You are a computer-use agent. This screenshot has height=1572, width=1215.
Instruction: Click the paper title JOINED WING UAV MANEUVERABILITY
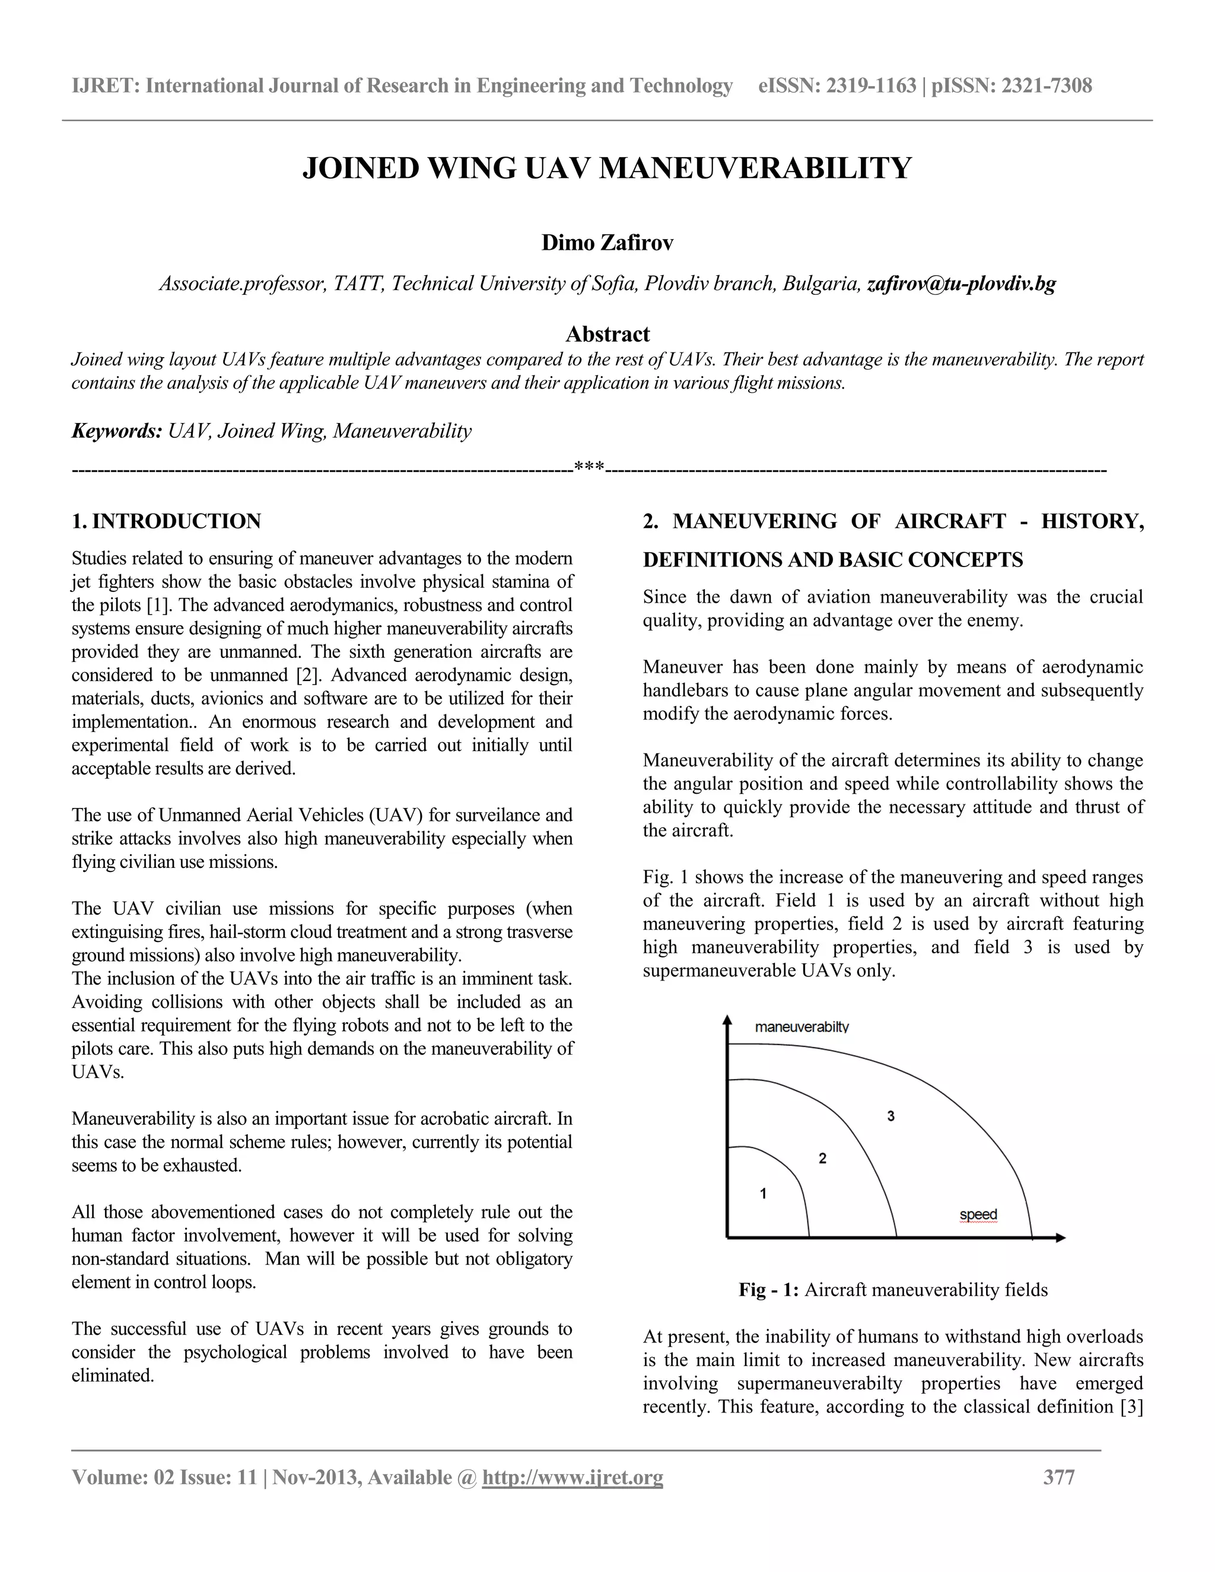point(607,168)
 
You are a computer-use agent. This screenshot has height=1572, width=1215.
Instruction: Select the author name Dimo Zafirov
point(607,243)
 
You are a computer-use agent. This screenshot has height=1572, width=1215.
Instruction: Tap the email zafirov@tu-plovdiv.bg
point(961,284)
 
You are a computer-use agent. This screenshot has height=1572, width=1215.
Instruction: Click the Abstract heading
point(607,334)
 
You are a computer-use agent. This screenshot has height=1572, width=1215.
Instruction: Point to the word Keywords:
point(117,431)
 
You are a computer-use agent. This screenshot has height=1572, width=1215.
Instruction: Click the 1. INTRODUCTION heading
point(166,521)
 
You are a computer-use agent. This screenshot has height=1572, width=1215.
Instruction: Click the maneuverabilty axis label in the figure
point(801,1027)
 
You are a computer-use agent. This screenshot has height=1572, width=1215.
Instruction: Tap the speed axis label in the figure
point(978,1215)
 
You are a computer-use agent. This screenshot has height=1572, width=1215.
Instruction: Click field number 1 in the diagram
point(763,1194)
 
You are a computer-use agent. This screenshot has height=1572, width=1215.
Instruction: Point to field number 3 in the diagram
point(890,1116)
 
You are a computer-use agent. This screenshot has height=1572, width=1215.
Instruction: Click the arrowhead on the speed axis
point(1060,1238)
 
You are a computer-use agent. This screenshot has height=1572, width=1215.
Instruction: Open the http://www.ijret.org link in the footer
point(572,1478)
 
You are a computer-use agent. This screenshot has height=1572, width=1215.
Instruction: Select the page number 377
point(1059,1478)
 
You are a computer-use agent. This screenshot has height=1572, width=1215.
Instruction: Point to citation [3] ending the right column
point(1131,1406)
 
